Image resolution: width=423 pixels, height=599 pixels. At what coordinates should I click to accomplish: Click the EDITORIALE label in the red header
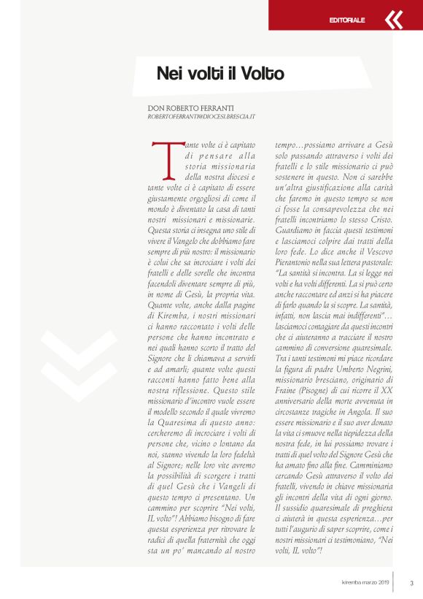346,20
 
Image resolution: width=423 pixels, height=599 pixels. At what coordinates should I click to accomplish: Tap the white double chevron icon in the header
393,19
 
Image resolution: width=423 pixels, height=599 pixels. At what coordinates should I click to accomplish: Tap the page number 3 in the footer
411,582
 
